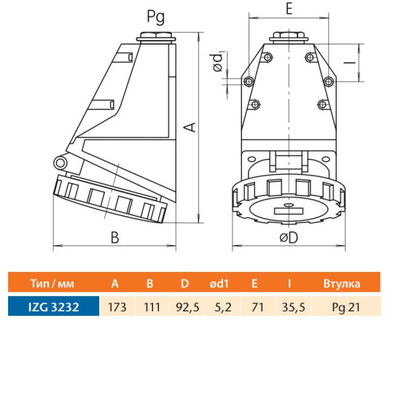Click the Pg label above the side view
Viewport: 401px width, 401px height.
[x=156, y=17]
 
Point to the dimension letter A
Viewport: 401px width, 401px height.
[x=190, y=128]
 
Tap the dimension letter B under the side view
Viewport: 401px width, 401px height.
[x=115, y=238]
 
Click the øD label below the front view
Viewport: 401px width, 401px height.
[x=289, y=238]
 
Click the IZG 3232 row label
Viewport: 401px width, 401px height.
[x=54, y=307]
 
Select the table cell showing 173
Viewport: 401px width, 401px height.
[x=117, y=307]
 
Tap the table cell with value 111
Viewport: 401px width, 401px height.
[x=152, y=307]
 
